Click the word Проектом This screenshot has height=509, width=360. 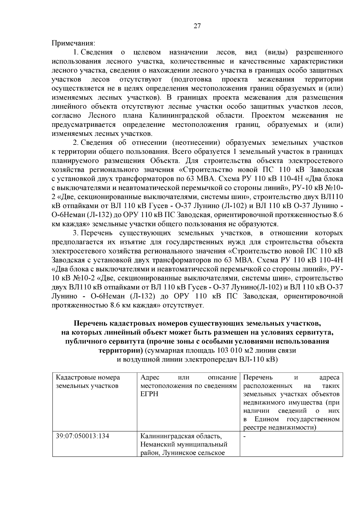click(x=268, y=115)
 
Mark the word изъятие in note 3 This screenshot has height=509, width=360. click(x=132, y=242)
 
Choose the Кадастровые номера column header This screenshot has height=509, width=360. click(x=88, y=377)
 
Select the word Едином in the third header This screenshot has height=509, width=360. click(x=267, y=419)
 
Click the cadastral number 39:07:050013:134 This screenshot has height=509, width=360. click(x=82, y=436)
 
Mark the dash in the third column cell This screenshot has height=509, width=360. click(x=244, y=436)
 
